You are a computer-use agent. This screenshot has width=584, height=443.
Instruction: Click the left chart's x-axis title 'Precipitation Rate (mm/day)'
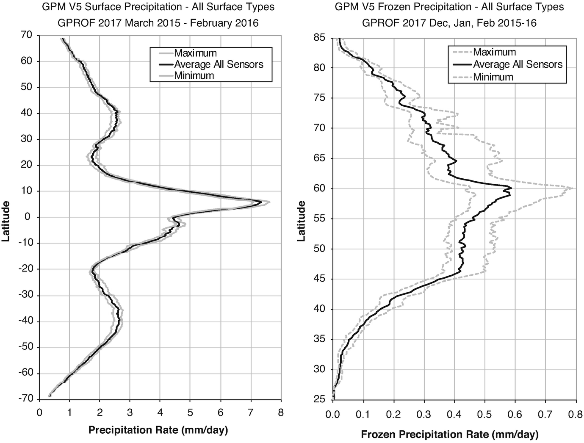158,430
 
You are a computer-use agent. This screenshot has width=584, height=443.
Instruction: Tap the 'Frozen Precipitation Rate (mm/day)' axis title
450,435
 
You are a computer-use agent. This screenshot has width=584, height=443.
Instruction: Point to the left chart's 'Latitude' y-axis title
6,221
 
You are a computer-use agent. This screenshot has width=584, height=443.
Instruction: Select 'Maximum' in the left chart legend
195,53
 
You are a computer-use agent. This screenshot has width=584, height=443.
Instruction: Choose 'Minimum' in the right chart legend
493,77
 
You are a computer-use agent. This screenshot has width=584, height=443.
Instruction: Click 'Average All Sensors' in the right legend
518,64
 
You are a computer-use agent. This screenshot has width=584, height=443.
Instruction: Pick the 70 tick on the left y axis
26,35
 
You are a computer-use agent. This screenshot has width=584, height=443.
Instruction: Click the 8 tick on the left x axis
280,411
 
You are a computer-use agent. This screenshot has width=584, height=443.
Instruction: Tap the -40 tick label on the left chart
24,321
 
